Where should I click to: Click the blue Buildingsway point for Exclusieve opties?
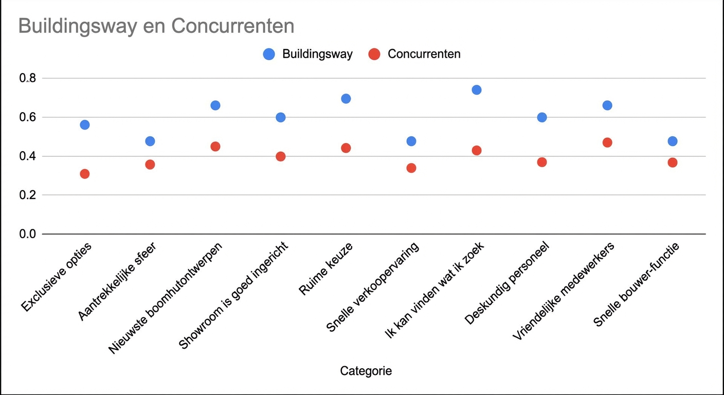pos(85,124)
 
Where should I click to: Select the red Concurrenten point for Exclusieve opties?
pos(85,174)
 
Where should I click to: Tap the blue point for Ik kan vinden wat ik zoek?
pos(477,90)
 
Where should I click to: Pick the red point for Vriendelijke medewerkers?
pos(607,142)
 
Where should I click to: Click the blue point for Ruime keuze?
pos(346,99)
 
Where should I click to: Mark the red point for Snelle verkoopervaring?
pos(411,168)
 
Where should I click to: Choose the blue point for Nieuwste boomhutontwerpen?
pos(215,105)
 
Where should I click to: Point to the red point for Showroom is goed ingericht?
pos(281,156)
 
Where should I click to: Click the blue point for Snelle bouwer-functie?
pos(673,141)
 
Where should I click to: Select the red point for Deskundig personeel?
pos(542,162)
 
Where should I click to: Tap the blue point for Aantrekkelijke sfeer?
pos(150,141)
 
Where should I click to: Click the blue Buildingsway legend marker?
pos(269,54)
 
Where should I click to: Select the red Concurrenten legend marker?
pos(374,54)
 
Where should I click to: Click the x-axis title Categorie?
pos(366,371)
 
